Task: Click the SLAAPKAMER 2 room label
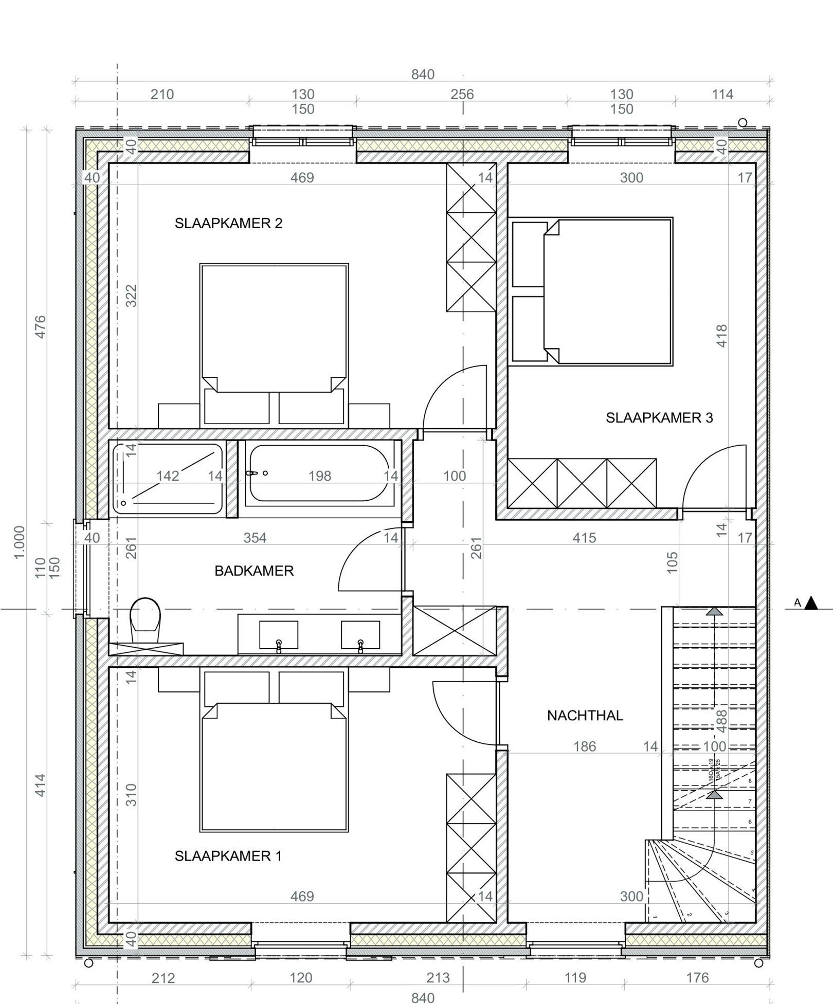click(x=228, y=223)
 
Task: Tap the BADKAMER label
click(x=254, y=571)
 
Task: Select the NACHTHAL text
click(x=585, y=715)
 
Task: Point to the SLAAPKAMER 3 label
click(x=659, y=417)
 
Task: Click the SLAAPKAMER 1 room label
click(x=228, y=855)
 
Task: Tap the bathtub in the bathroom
click(x=319, y=472)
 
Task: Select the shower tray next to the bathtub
click(x=168, y=478)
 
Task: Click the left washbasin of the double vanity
click(x=278, y=635)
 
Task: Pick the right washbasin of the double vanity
click(x=360, y=635)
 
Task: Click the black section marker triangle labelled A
click(x=811, y=603)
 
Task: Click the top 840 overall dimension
click(x=423, y=75)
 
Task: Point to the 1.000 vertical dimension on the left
click(x=19, y=542)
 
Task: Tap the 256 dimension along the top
click(x=462, y=95)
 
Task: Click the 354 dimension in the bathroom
click(x=255, y=538)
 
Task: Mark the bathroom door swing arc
click(x=360, y=550)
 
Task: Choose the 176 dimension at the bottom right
click(x=697, y=977)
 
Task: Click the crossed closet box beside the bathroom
click(x=455, y=631)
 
